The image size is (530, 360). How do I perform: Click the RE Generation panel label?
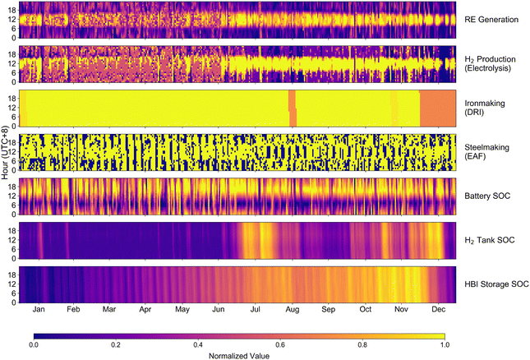pyautogui.click(x=491, y=20)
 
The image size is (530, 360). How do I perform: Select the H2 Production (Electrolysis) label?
pyautogui.click(x=490, y=63)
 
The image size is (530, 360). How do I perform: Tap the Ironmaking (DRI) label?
pyautogui.click(x=485, y=108)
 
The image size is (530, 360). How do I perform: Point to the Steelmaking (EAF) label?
pyautogui.click(x=486, y=152)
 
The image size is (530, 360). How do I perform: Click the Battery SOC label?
pyautogui.click(x=487, y=196)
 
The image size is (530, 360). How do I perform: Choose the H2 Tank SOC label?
pyautogui.click(x=490, y=240)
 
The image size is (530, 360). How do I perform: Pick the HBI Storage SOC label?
pyautogui.click(x=496, y=284)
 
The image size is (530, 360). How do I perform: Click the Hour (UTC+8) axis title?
pyautogui.click(x=5, y=152)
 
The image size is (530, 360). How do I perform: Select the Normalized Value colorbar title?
pyautogui.click(x=239, y=356)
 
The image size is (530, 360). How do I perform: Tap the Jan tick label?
pyautogui.click(x=39, y=309)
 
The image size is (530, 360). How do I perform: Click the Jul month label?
pyautogui.click(x=256, y=309)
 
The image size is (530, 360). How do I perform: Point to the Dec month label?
pyautogui.click(x=439, y=309)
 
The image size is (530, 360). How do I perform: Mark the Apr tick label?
pyautogui.click(x=145, y=309)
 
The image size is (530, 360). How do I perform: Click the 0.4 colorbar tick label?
pyautogui.click(x=198, y=344)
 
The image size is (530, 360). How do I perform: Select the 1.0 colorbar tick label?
pyautogui.click(x=445, y=344)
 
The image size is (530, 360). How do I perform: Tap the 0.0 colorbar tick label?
pyautogui.click(x=34, y=344)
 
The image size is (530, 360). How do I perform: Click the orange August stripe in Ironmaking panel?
pyautogui.click(x=293, y=108)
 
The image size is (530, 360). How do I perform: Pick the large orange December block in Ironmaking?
pyautogui.click(x=438, y=108)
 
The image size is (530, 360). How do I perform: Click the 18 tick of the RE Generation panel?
pyautogui.click(x=12, y=11)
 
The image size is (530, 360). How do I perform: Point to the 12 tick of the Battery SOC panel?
pyautogui.click(x=12, y=196)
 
